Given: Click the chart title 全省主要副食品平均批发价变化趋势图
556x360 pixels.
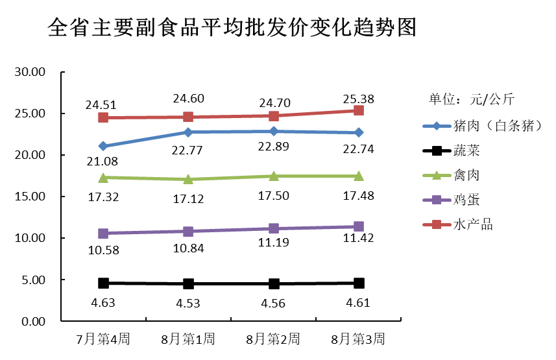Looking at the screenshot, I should (232, 28).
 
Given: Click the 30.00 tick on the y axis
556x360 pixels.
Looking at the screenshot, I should (29, 72).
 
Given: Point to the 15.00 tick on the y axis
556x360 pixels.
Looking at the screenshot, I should (29, 197).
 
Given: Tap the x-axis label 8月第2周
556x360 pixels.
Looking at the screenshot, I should (273, 339).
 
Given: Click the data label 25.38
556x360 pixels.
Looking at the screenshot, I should (359, 99).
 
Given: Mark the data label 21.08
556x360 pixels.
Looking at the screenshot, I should (103, 161).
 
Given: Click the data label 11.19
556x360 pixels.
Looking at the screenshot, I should (273, 243).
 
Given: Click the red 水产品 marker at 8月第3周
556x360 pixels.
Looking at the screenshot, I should (359, 111).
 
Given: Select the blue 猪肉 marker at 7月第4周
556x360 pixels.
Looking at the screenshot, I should (103, 146).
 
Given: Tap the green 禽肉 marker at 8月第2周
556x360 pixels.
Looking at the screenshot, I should (273, 176).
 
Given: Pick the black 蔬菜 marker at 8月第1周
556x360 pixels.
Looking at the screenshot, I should (188, 283).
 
